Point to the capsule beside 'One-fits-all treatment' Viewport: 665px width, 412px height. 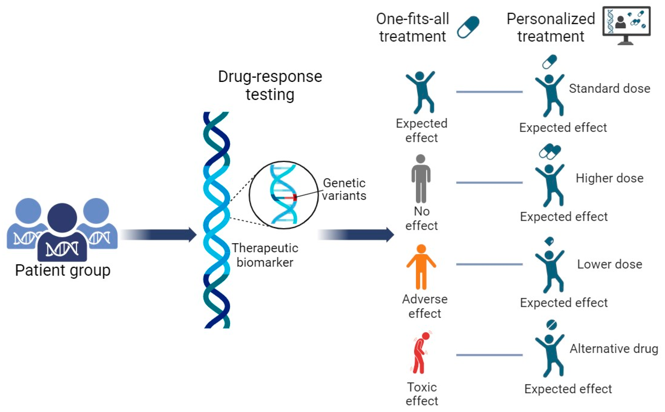pos(468,27)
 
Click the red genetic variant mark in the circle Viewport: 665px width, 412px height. pos(295,197)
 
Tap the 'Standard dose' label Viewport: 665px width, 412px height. pos(609,89)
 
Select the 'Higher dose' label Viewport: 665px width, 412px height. pos(609,178)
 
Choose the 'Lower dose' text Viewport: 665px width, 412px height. pos(609,264)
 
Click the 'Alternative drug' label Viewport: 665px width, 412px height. pos(614,349)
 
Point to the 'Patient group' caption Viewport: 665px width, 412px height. pos(63,270)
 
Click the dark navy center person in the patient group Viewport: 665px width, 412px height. pos(62,232)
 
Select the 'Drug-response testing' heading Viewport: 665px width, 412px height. pos(270,85)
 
